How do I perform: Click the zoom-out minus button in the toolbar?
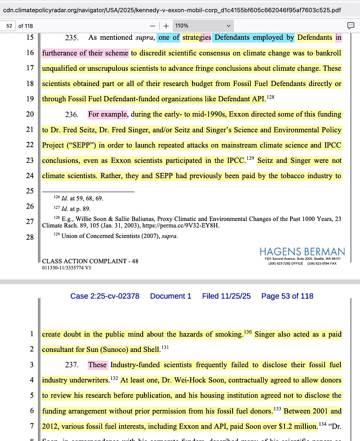tap(152, 26)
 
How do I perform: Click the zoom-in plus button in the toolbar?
tap(166, 26)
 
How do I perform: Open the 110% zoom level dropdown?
tap(203, 26)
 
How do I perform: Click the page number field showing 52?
tap(8, 26)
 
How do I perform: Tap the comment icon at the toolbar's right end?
tap(350, 26)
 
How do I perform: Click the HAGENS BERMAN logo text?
tap(302, 252)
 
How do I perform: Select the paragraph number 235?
tap(72, 38)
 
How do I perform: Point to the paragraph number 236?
tap(72, 115)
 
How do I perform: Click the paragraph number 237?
tap(72, 365)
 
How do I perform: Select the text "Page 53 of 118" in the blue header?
tap(287, 296)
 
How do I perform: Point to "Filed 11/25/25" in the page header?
tap(226, 296)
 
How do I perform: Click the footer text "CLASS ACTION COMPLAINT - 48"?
tap(90, 261)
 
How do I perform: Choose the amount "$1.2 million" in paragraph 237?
tap(298, 426)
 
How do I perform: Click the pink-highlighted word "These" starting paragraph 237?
tap(97, 365)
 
